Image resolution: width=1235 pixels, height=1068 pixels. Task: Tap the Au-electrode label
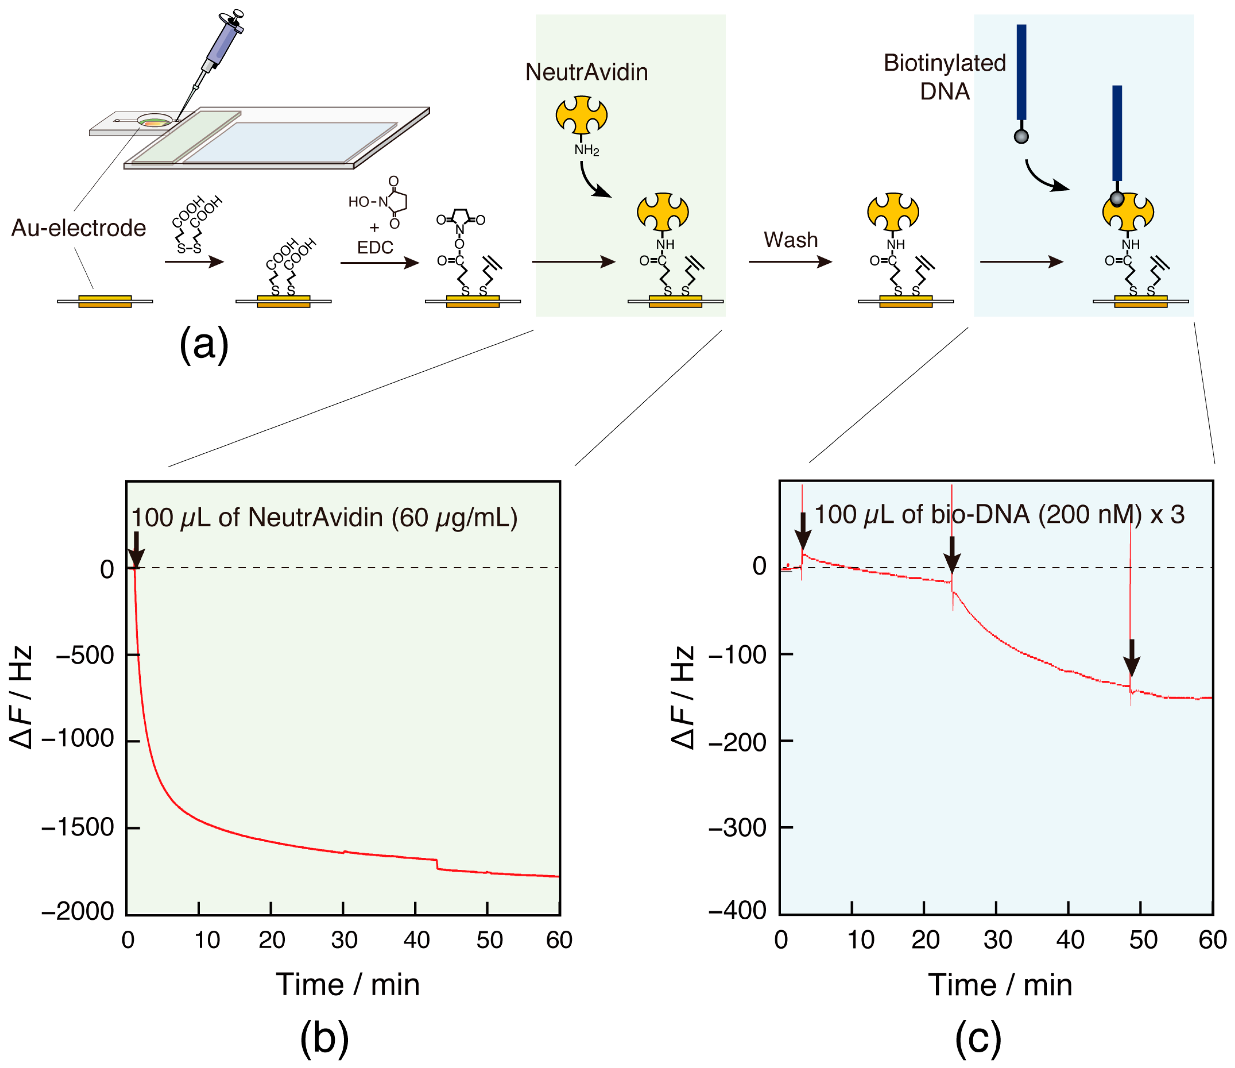79,228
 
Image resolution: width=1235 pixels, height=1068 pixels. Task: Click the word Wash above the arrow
790,240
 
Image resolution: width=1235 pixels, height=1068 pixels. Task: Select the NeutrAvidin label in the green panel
586,72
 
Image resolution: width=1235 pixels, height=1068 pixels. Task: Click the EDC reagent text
375,247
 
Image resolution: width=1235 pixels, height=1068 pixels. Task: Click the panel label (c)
978,1038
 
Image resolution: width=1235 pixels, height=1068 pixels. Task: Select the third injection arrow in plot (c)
1132,657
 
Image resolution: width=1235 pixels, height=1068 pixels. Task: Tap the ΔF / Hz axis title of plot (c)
684,697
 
